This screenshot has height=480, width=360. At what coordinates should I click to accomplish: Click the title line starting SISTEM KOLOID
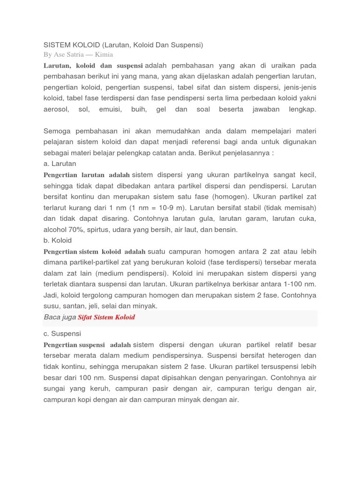click(123, 45)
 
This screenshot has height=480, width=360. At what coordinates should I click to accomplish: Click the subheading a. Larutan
click(60, 164)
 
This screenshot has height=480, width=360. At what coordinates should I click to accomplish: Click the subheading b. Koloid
click(58, 240)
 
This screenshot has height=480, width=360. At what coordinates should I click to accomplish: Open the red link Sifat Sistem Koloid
click(106, 317)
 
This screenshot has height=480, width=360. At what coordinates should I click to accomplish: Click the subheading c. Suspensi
click(62, 334)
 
